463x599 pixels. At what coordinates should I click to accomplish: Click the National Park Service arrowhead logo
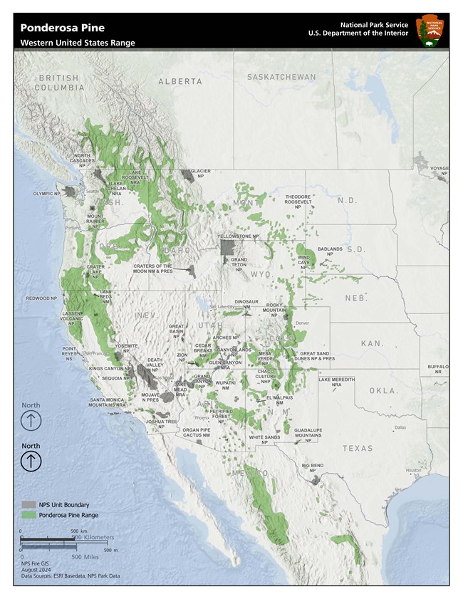(430, 29)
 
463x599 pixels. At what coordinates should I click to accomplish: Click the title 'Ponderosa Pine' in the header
(62, 28)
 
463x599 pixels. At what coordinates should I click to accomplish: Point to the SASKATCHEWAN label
(281, 77)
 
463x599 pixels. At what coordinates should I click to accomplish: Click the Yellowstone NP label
(238, 236)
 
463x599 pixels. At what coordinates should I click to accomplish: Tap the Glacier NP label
(199, 173)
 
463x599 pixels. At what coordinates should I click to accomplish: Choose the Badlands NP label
(330, 251)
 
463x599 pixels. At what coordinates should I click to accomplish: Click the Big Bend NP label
(312, 467)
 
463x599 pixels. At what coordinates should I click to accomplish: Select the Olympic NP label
(47, 194)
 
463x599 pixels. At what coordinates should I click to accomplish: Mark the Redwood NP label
(41, 298)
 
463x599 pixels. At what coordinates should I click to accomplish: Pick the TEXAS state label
(357, 448)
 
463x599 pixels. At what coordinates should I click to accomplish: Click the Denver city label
(302, 323)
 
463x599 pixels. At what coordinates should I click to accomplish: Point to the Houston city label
(414, 470)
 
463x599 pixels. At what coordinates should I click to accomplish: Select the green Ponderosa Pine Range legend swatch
(28, 514)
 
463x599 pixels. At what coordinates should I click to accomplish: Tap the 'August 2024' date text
(35, 568)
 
